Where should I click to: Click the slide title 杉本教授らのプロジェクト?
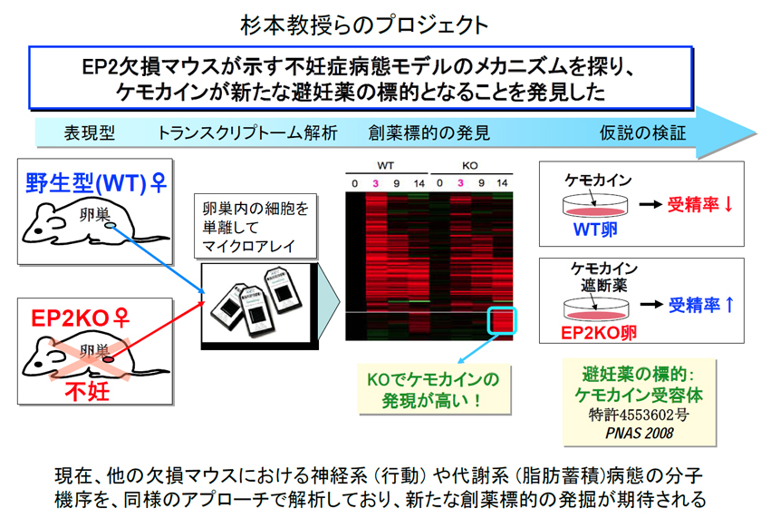pos(364,25)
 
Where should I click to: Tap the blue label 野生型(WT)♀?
pos(96,183)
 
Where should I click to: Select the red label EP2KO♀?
pos(81,318)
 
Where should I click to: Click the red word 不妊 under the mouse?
pos(87,391)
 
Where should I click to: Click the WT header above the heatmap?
pos(385,166)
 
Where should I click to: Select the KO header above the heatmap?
pos(470,166)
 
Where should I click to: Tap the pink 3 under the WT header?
pos(375,183)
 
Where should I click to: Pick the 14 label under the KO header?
pos(502,183)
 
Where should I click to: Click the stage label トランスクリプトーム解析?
pos(247,132)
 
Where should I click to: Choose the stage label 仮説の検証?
pos(642,132)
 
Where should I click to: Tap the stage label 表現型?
pos(90,132)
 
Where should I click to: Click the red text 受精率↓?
pos(699,205)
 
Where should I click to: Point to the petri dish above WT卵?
pos(595,206)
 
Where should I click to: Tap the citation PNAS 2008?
pos(640,433)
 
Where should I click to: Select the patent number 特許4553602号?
pos(639,415)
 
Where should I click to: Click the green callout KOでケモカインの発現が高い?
pos(434,389)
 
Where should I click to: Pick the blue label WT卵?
pos(595,229)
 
